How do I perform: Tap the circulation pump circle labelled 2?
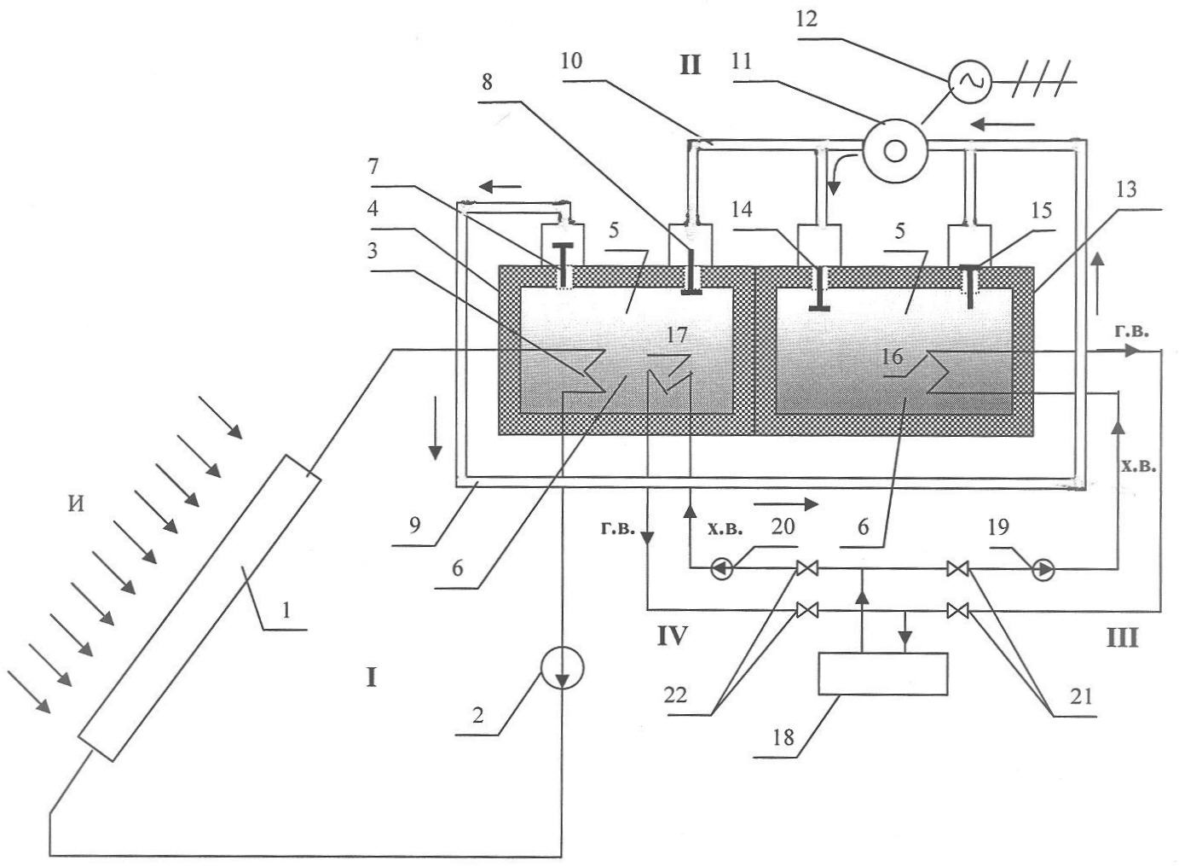[562, 669]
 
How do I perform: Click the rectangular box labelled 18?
[882, 674]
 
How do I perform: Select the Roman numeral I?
[371, 678]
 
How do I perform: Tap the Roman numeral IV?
[672, 636]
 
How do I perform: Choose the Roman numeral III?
[1122, 637]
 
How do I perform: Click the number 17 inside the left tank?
[676, 335]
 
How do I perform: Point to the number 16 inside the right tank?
[892, 357]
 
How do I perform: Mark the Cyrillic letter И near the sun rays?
[77, 505]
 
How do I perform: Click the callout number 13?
[1126, 189]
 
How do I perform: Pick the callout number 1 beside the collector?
[286, 609]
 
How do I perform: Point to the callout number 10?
[571, 61]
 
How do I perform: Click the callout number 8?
[487, 83]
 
